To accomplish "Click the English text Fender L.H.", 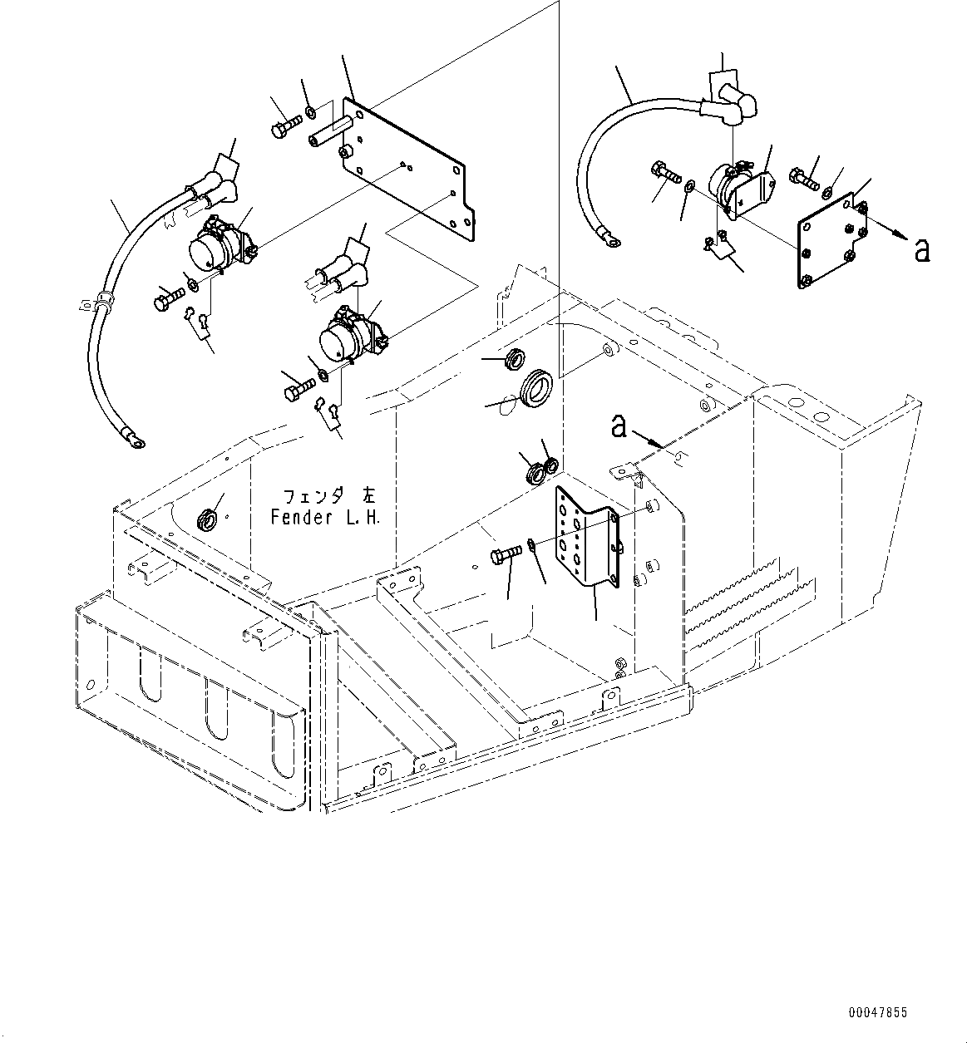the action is pos(325,517).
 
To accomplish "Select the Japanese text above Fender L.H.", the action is pos(329,496).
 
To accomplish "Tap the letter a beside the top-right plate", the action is pos(922,250).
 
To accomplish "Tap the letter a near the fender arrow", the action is pos(619,426).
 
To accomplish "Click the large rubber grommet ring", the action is pos(535,387).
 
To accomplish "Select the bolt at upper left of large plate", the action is pos(286,125).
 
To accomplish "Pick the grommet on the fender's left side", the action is pos(207,520).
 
